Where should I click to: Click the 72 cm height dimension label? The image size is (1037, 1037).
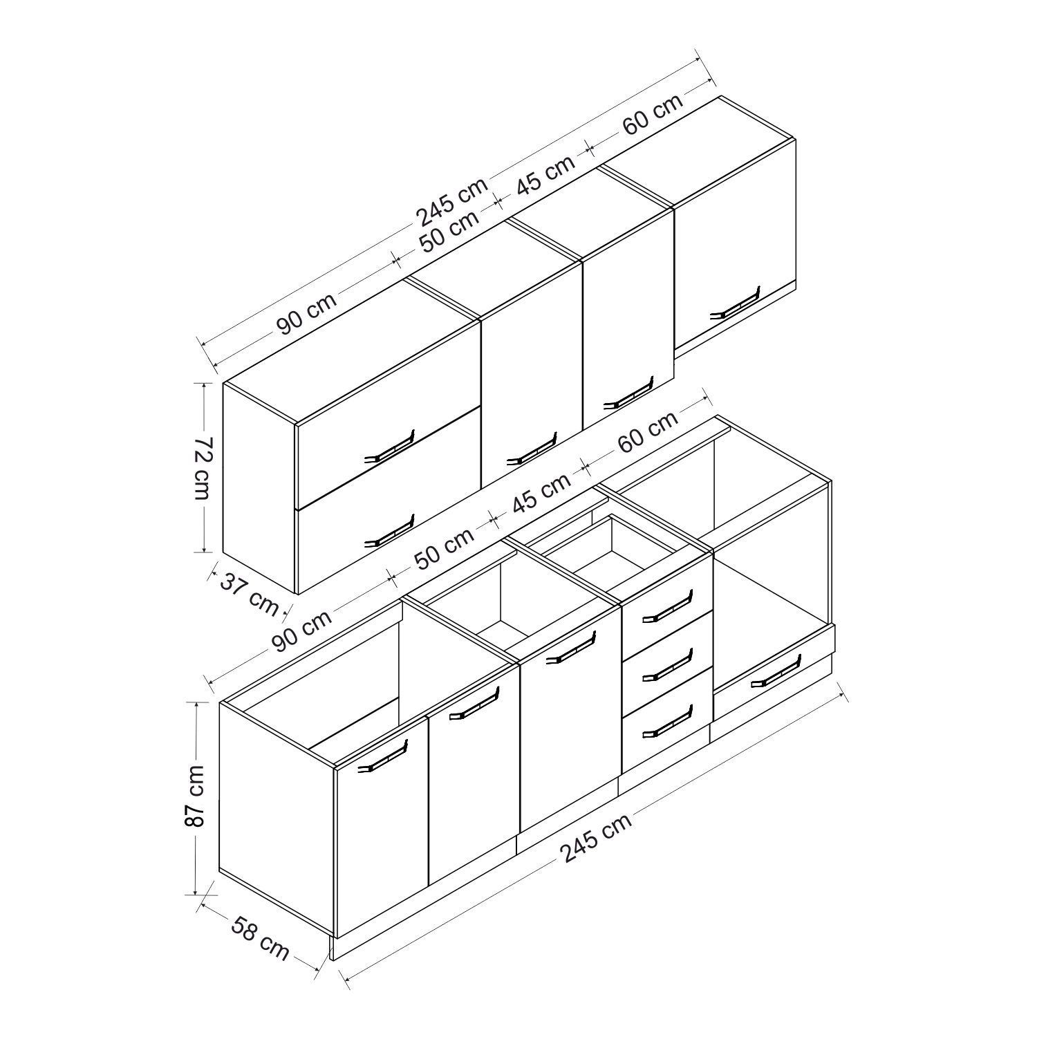coord(202,468)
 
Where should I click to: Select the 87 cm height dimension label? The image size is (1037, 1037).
coord(196,796)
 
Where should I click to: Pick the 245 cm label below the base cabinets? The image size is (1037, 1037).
coord(596,838)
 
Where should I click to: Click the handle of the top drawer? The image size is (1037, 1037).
coord(666,606)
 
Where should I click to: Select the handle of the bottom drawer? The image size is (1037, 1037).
coord(666,720)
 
